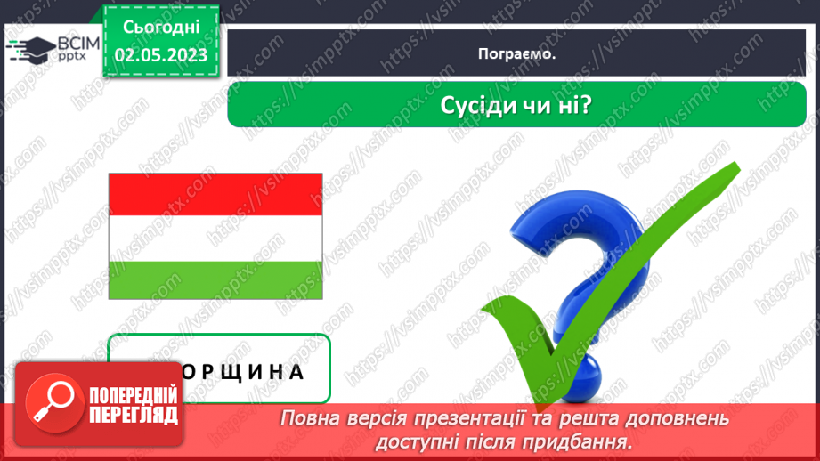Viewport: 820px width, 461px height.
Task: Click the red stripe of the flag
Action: click(x=215, y=194)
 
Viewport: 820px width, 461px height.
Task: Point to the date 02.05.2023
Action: click(x=161, y=55)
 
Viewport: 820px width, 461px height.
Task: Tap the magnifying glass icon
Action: click(x=52, y=402)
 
